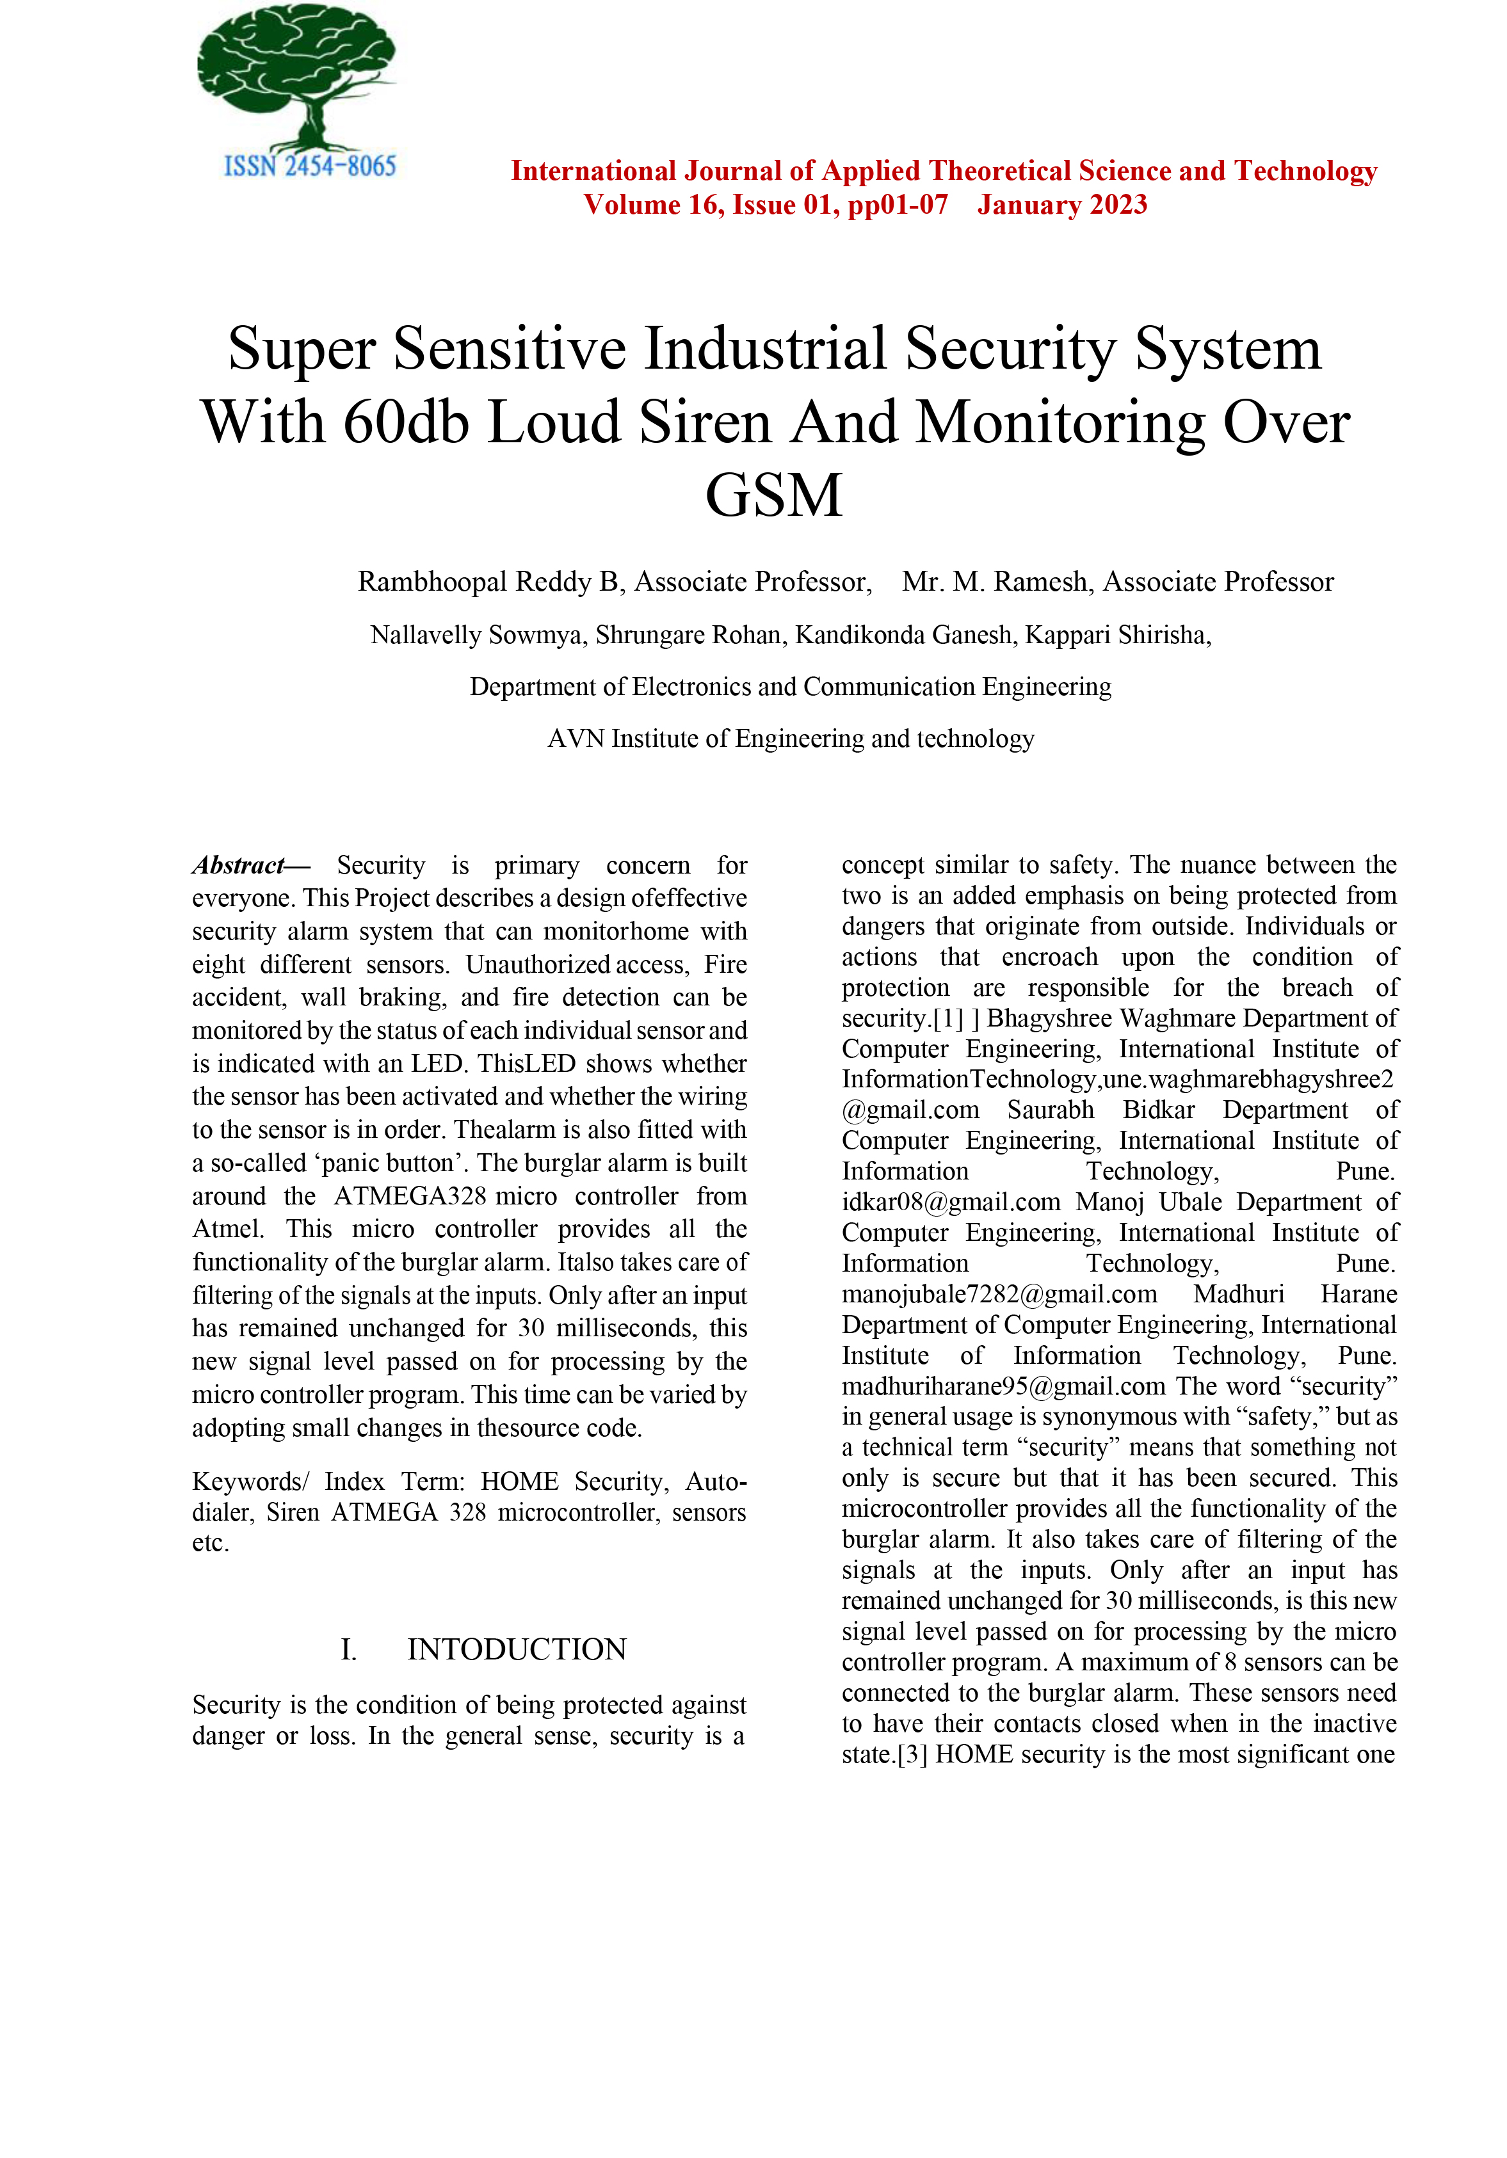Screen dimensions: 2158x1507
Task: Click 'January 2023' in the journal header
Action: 1061,205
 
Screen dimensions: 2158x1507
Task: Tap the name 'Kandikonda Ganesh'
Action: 905,635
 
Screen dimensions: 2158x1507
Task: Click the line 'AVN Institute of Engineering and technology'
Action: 791,739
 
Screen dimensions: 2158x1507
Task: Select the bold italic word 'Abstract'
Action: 239,865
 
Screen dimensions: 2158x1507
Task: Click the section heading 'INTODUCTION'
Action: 516,1649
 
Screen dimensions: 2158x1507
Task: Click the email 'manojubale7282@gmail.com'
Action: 999,1294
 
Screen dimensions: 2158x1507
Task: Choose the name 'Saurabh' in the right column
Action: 1050,1110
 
